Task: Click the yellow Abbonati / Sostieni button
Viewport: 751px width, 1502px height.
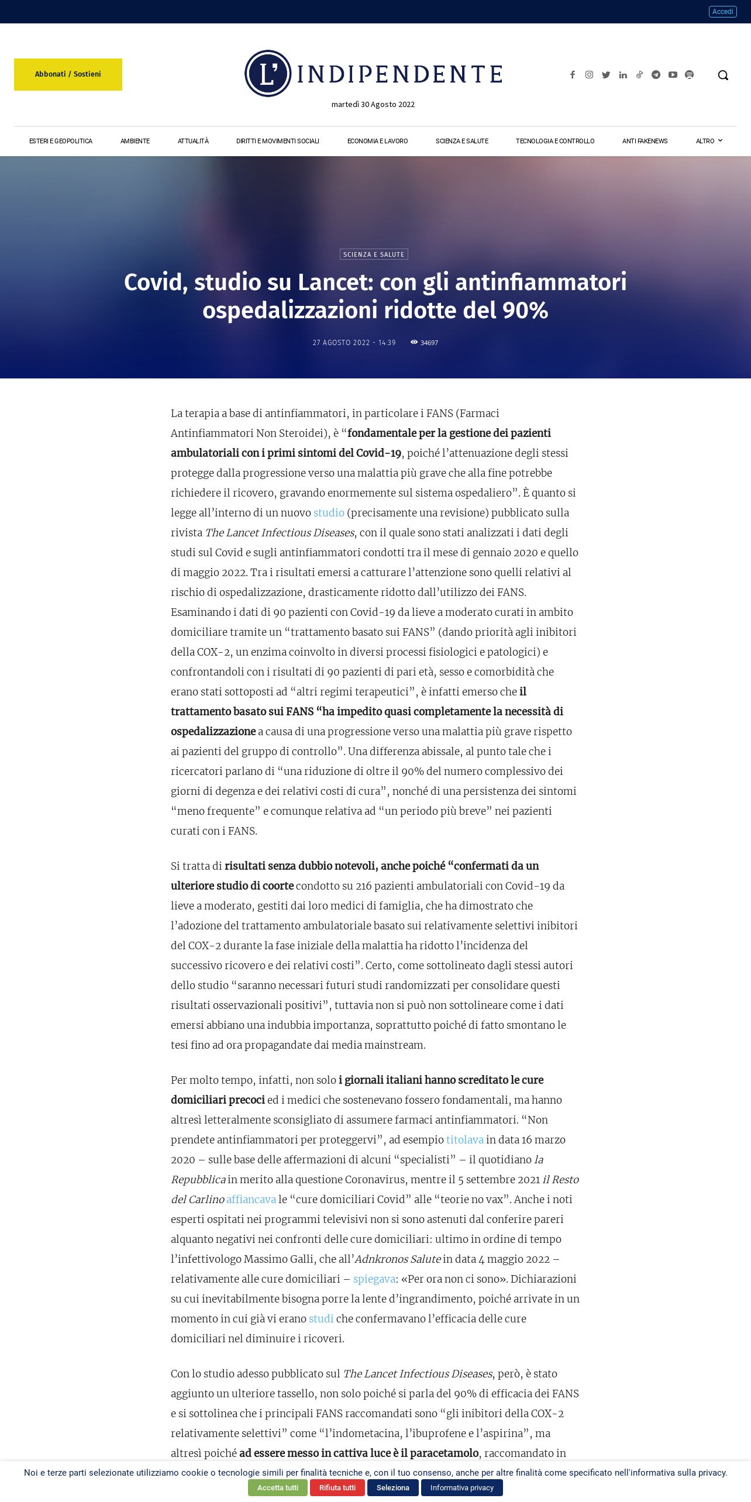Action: point(68,74)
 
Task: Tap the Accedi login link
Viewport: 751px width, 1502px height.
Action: point(722,12)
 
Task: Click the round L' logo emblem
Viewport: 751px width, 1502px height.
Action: point(268,74)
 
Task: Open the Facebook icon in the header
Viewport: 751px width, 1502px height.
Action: point(573,75)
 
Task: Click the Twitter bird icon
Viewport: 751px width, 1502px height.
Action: point(606,75)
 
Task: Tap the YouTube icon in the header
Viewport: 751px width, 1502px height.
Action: point(673,75)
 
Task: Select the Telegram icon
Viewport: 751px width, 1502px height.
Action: point(656,75)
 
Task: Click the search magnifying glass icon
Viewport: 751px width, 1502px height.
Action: point(723,75)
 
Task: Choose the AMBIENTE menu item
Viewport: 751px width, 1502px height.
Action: point(135,141)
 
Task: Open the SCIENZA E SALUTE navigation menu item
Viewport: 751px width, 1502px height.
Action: point(461,141)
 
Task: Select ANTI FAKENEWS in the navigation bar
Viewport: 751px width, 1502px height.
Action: point(645,141)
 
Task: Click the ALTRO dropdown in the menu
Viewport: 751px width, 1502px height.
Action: point(708,141)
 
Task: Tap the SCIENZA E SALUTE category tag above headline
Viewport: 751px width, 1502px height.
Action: point(374,254)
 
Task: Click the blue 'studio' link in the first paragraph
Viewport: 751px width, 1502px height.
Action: point(329,513)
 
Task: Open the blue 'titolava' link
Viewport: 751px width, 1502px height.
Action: point(465,1140)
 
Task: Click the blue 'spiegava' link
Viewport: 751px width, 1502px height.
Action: point(374,1279)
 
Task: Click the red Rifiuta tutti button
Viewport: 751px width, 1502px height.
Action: point(337,1487)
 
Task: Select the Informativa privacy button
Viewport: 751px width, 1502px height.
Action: point(461,1487)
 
